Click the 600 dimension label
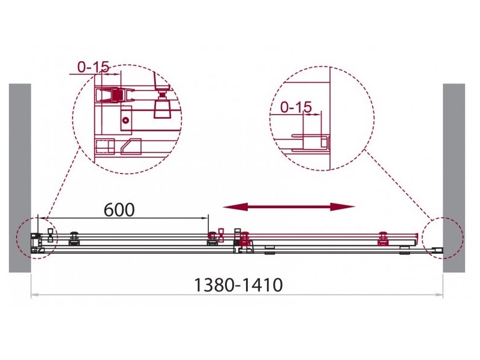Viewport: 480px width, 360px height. click(x=119, y=210)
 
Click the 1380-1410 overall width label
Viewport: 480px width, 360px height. click(x=238, y=286)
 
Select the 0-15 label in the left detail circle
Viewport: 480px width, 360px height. click(x=94, y=67)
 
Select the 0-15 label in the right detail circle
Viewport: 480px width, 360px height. click(x=296, y=107)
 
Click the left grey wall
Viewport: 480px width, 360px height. click(x=20, y=178)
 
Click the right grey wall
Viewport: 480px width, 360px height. click(x=454, y=178)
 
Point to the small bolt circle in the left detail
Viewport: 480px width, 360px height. click(x=125, y=121)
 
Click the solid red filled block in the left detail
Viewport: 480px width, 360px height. click(x=116, y=95)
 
